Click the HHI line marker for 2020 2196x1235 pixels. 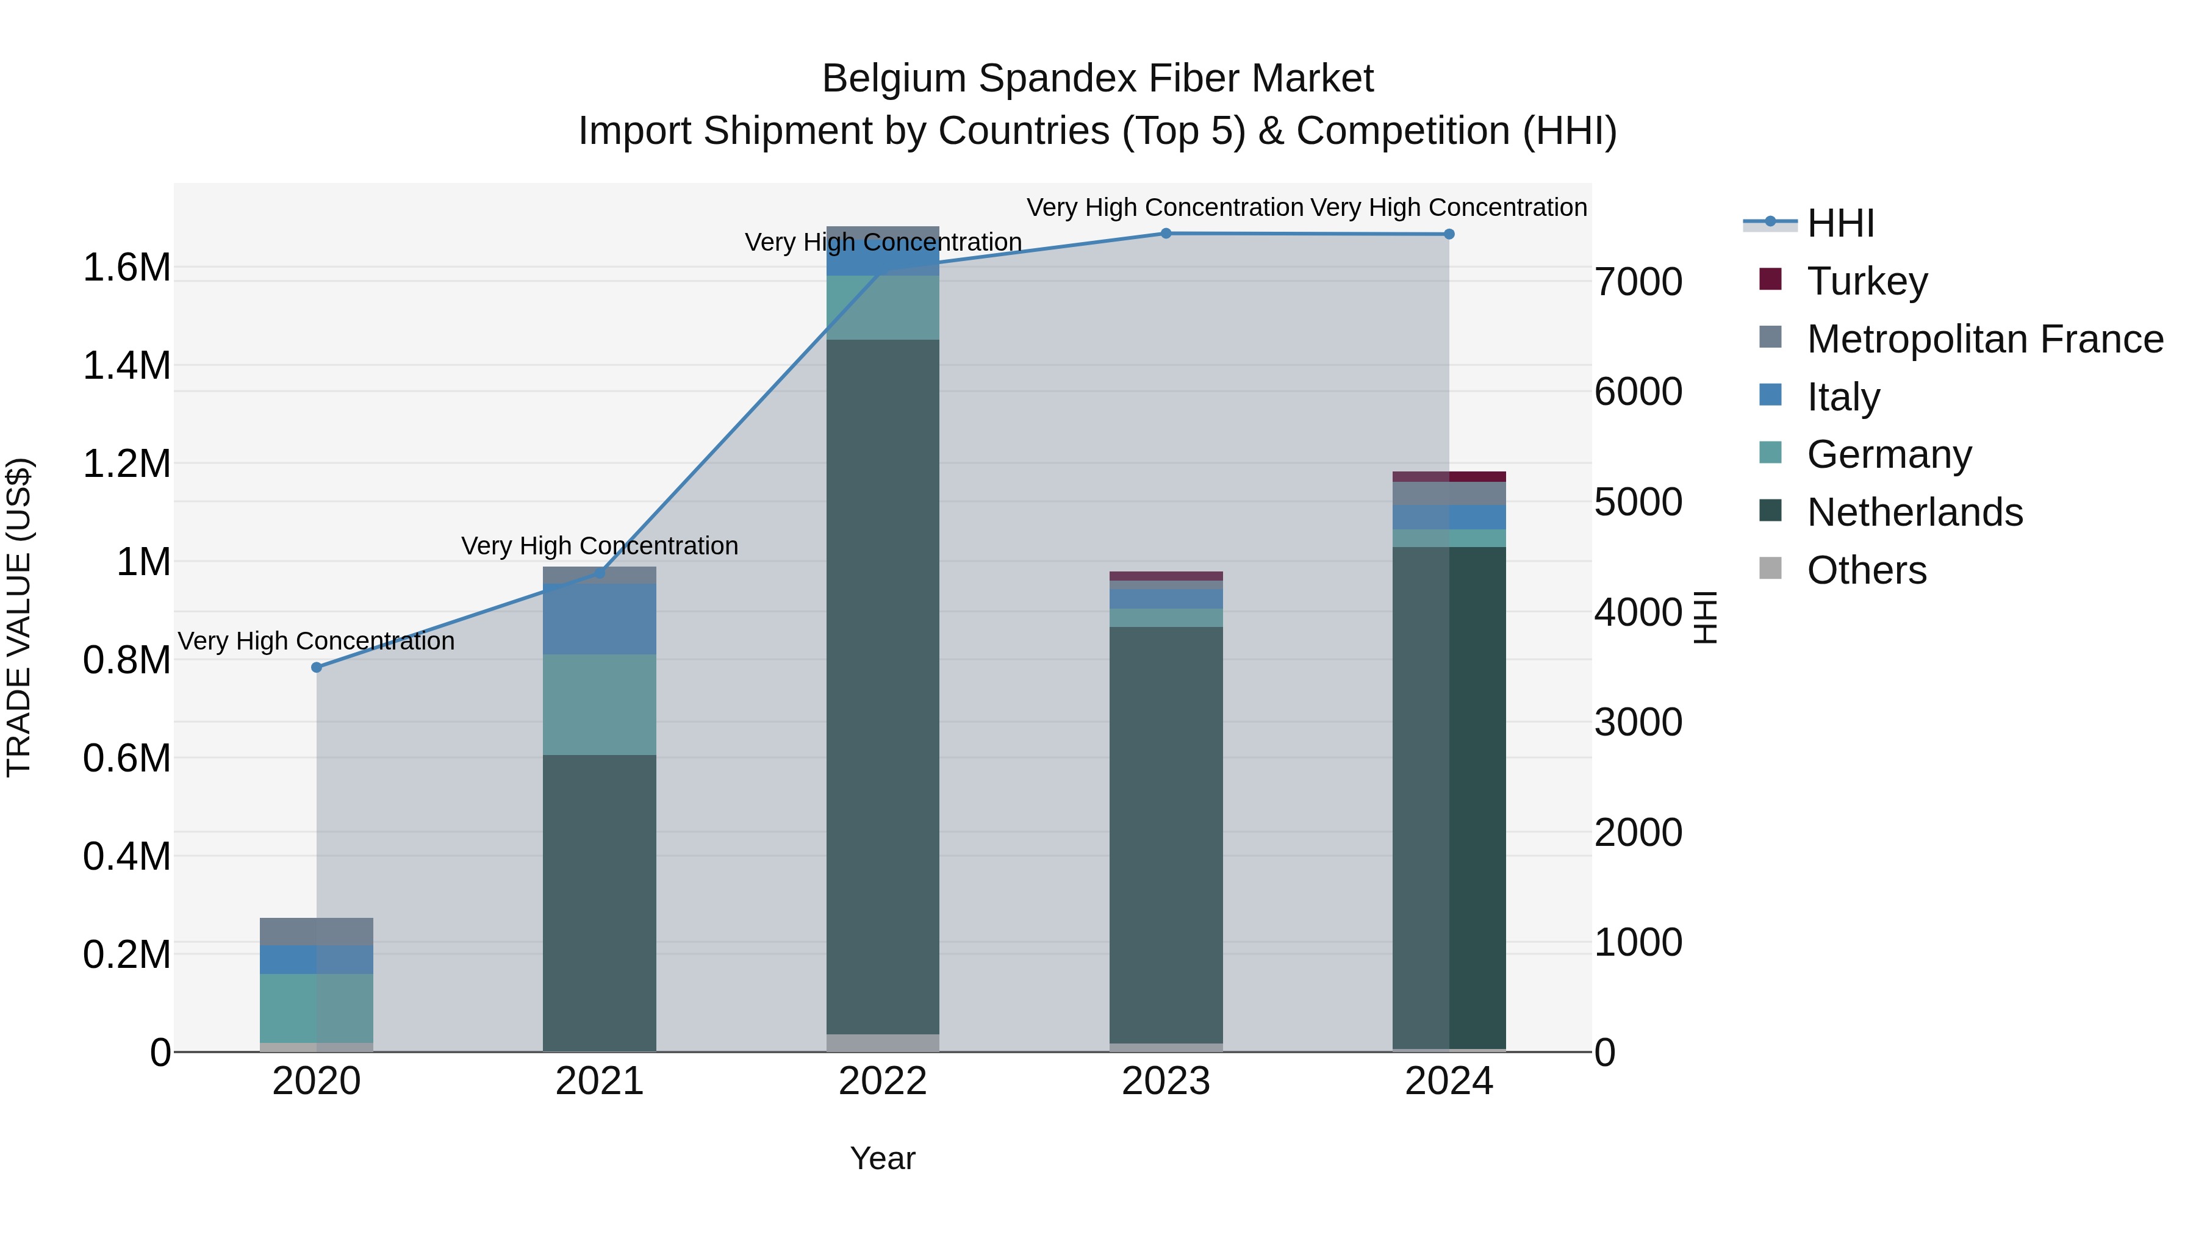tap(316, 667)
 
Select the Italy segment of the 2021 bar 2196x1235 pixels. tap(599, 619)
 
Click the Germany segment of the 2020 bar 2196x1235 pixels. tap(316, 1008)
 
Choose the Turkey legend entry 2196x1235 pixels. tap(1867, 281)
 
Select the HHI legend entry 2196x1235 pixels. tap(1840, 223)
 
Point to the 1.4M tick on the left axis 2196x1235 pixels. tap(126, 366)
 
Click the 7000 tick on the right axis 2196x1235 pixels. tap(1638, 282)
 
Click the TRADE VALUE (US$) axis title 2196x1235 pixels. tap(19, 617)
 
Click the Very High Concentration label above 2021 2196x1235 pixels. tap(599, 545)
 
